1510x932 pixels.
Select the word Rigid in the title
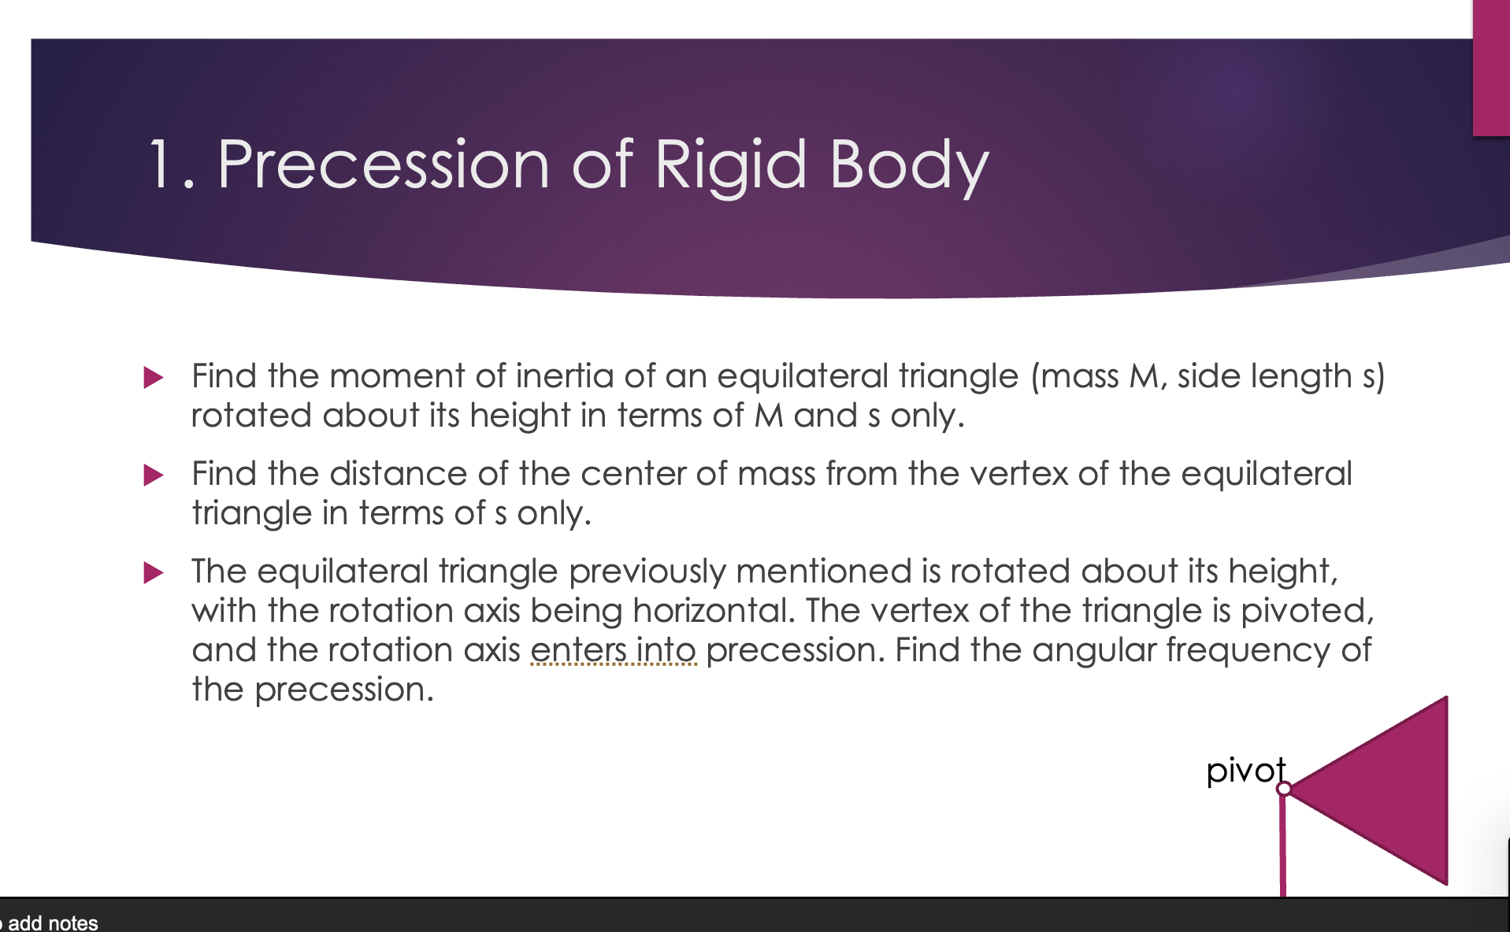point(730,166)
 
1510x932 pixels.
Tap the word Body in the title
point(909,166)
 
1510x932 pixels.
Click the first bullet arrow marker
point(154,377)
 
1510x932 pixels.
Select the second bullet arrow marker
point(154,475)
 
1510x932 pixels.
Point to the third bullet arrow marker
point(154,572)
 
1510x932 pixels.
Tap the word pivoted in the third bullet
point(1307,612)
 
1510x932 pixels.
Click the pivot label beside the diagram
point(1245,771)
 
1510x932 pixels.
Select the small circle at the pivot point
point(1284,788)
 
